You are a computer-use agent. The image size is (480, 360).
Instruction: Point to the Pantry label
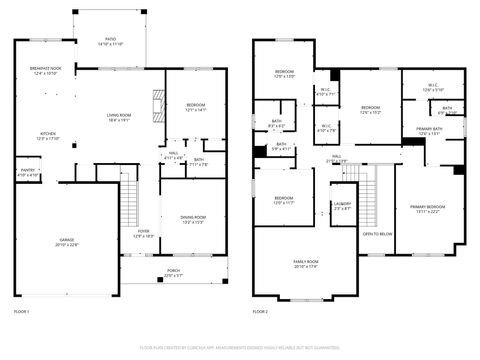point(28,173)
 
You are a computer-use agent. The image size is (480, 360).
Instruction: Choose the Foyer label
point(146,234)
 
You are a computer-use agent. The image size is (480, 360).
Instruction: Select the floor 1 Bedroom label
point(195,107)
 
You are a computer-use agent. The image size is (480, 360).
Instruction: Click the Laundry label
point(342,207)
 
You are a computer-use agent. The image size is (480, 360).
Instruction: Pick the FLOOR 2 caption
point(260,312)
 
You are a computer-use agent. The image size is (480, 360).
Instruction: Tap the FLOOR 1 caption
point(21,312)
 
